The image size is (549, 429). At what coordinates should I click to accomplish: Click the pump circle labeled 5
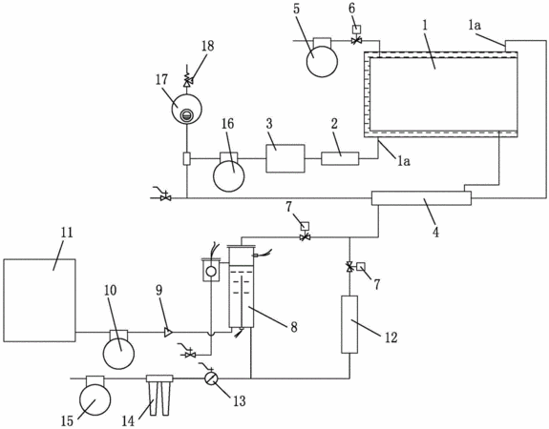[x=322, y=61]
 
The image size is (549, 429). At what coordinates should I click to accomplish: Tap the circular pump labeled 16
[x=228, y=175]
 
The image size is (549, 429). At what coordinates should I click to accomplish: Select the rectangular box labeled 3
[x=285, y=158]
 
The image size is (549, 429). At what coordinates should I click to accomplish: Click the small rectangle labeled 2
[x=340, y=158]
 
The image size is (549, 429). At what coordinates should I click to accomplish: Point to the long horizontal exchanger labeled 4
[x=421, y=198]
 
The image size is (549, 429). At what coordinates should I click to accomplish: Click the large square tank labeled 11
[x=39, y=300]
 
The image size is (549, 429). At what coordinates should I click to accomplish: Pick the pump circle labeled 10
[x=118, y=353]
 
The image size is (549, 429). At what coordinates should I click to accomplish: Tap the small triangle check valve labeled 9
[x=168, y=332]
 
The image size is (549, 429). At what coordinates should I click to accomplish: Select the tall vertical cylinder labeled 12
[x=349, y=324]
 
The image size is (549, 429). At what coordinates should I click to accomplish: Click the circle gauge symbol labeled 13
[x=211, y=378]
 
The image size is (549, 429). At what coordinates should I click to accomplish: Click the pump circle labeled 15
[x=95, y=399]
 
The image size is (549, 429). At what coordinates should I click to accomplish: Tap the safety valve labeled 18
[x=188, y=80]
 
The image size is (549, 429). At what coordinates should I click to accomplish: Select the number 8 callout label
[x=293, y=327]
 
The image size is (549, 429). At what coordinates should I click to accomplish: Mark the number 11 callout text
[x=67, y=233]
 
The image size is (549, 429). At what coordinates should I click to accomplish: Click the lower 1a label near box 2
[x=403, y=161]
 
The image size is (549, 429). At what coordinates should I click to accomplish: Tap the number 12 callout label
[x=391, y=337]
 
